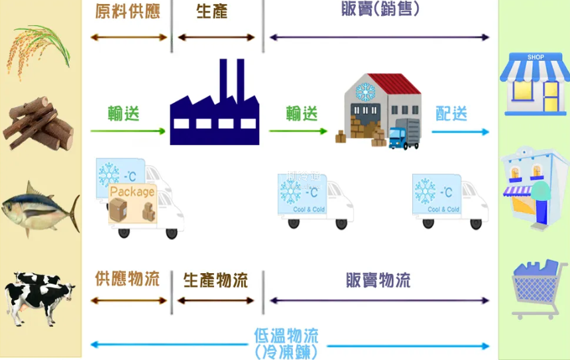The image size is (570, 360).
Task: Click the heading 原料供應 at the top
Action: [128, 12]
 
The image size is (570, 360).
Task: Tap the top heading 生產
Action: [212, 12]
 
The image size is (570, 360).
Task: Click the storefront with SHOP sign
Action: [534, 83]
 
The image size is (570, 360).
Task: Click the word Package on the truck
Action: [132, 192]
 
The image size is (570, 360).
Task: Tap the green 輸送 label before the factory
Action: [124, 113]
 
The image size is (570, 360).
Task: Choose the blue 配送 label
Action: [451, 113]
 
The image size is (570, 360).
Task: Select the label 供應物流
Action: [127, 279]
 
